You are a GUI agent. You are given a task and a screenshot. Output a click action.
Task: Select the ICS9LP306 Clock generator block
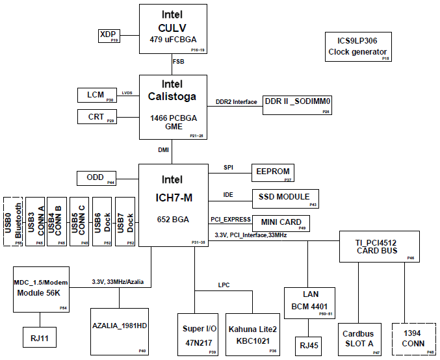[358, 47]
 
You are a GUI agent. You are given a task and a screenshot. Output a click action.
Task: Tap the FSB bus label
[179, 62]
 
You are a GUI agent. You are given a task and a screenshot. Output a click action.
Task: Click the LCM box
[97, 95]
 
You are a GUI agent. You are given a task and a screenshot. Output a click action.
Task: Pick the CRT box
[97, 117]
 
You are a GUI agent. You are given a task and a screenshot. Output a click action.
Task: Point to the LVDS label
[127, 93]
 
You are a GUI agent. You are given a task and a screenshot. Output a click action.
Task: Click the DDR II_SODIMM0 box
[297, 105]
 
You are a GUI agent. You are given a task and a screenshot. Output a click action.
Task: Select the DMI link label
[163, 150]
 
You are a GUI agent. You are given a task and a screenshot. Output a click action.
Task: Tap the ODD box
[96, 178]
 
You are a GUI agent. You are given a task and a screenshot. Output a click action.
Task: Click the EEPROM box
[273, 173]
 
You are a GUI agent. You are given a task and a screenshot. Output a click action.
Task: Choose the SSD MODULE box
[285, 199]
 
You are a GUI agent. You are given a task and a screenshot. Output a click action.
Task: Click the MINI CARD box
[281, 224]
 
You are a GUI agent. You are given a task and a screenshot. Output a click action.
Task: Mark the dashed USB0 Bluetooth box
[13, 222]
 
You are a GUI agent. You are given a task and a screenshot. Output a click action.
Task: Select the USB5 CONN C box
[79, 222]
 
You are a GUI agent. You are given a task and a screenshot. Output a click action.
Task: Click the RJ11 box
[40, 337]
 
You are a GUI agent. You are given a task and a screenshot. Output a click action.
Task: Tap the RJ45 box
[309, 346]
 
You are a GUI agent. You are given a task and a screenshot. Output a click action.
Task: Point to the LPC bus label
[224, 285]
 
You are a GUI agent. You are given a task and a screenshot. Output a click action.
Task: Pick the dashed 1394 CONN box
[414, 339]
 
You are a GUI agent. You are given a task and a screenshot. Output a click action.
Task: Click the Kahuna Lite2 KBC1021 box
[253, 335]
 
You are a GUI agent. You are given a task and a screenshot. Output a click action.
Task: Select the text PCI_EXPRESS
[231, 220]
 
